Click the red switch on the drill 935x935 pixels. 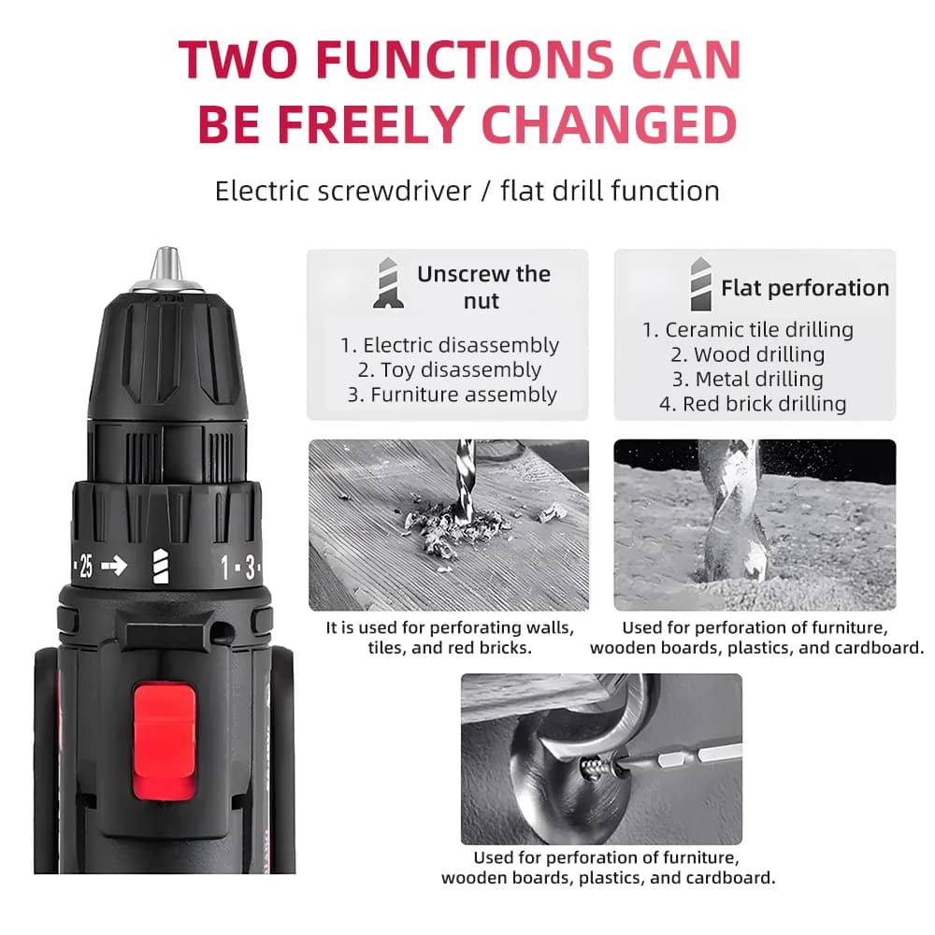(164, 741)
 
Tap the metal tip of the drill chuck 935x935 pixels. (165, 265)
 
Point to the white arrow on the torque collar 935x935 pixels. (114, 565)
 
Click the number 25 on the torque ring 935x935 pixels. (86, 566)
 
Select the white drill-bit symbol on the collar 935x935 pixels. (161, 566)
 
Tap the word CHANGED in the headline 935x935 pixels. (609, 124)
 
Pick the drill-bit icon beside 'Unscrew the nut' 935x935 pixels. (388, 283)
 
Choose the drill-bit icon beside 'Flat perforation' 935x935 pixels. (700, 284)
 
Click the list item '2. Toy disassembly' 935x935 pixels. (450, 369)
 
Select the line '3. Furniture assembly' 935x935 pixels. (452, 395)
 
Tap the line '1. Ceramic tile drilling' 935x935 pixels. (748, 330)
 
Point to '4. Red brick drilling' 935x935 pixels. (753, 404)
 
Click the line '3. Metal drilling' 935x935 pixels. (748, 380)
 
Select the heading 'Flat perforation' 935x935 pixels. (805, 288)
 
